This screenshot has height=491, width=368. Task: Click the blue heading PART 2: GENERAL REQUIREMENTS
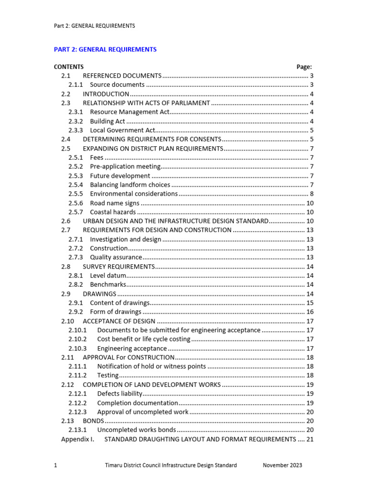tap(105, 49)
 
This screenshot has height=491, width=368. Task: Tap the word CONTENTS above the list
tap(69, 67)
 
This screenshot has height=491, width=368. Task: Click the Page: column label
tap(304, 67)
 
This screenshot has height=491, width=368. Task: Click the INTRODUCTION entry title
tap(106, 94)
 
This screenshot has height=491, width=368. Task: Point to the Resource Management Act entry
tap(129, 112)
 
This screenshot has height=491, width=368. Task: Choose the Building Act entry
tap(107, 121)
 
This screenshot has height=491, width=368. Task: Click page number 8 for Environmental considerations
tap(311, 194)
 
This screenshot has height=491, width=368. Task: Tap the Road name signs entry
tap(115, 203)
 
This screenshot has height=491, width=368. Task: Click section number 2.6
tap(66, 221)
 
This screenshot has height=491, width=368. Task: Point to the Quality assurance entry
tap(115, 257)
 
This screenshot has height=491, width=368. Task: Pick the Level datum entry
tap(108, 275)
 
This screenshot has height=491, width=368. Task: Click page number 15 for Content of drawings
tap(310, 303)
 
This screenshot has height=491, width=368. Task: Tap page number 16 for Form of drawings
tap(310, 312)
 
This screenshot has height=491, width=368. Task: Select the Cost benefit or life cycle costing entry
tap(143, 339)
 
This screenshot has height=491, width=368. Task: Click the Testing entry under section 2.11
tap(107, 375)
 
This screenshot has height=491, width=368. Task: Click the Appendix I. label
tap(78, 439)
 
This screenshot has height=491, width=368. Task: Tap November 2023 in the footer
tap(283, 465)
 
